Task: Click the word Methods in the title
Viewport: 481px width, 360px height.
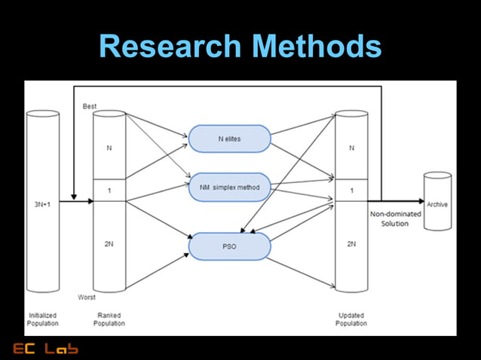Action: (x=317, y=47)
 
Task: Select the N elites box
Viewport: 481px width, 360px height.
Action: (x=229, y=139)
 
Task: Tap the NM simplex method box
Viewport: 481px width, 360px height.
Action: (x=229, y=186)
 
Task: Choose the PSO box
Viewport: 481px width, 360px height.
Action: (x=229, y=246)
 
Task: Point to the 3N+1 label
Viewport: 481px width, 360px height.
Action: (x=42, y=203)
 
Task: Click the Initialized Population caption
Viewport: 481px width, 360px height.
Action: (x=42, y=319)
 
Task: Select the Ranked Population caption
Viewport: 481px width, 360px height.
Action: (x=109, y=319)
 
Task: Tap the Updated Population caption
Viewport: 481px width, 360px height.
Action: (x=351, y=319)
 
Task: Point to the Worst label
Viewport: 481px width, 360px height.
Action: (x=87, y=297)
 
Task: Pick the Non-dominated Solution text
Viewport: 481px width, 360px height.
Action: (x=396, y=218)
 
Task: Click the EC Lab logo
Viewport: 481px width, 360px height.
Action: (x=45, y=348)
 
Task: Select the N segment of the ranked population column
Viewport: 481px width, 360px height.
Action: (x=109, y=148)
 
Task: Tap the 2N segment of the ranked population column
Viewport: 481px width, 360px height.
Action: (x=109, y=244)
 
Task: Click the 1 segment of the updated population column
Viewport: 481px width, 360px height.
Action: (x=351, y=191)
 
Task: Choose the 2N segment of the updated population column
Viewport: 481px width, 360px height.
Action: (x=351, y=244)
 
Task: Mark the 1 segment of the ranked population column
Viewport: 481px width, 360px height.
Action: (x=109, y=191)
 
